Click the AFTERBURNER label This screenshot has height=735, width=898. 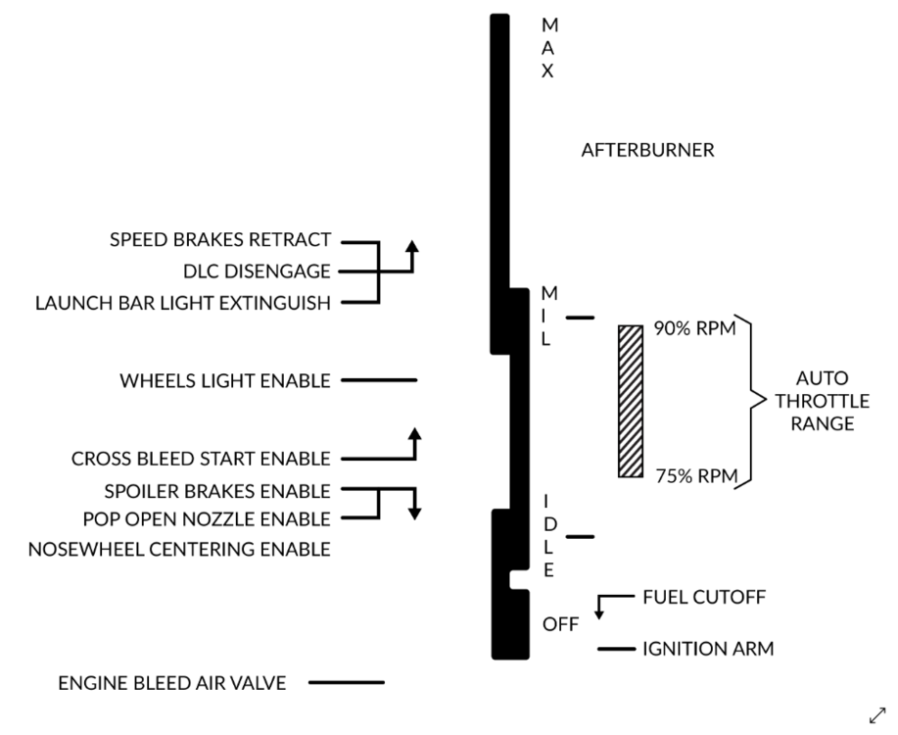coord(647,151)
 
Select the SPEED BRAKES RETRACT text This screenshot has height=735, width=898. coord(220,240)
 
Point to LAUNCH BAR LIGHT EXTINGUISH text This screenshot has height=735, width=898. coord(183,303)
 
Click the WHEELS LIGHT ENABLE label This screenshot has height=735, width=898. coord(225,380)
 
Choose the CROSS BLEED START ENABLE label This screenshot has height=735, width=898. coord(201,459)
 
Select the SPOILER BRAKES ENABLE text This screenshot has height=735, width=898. coord(216,490)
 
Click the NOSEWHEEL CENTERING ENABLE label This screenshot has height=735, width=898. coord(180,549)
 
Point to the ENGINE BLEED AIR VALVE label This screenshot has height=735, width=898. coord(172,683)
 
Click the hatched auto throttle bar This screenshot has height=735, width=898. coord(631,401)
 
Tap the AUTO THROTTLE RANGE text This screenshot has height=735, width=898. coord(823,401)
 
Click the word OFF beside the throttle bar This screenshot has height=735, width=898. coord(561,624)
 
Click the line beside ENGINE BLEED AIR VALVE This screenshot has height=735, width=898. coord(347,682)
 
